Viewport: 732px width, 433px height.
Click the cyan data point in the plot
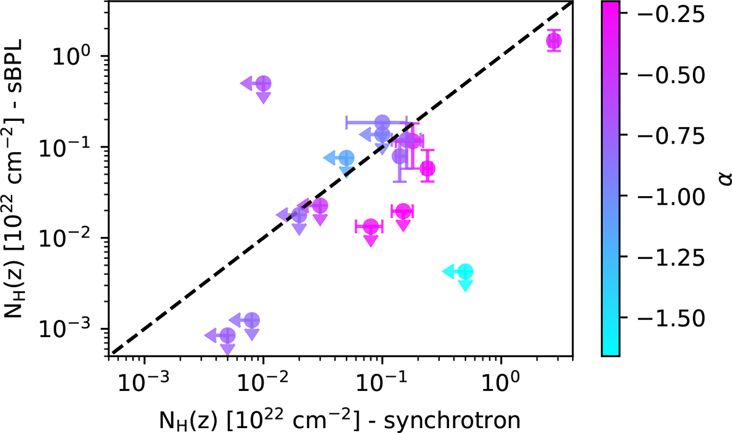click(466, 271)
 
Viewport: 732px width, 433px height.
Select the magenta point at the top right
click(554, 41)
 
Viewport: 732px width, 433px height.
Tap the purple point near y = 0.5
click(264, 83)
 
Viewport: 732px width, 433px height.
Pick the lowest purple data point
click(228, 335)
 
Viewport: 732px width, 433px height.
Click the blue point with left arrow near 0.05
click(346, 158)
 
